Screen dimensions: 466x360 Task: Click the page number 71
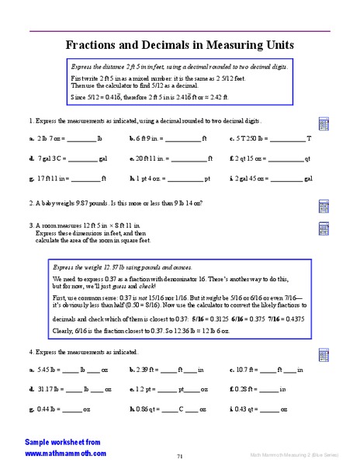click(179, 456)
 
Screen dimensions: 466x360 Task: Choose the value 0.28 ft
click(246, 388)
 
